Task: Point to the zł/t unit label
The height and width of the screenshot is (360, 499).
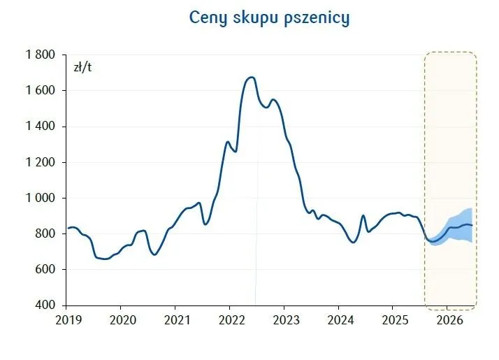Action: pos(83,67)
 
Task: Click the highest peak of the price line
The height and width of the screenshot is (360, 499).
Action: pos(252,77)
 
